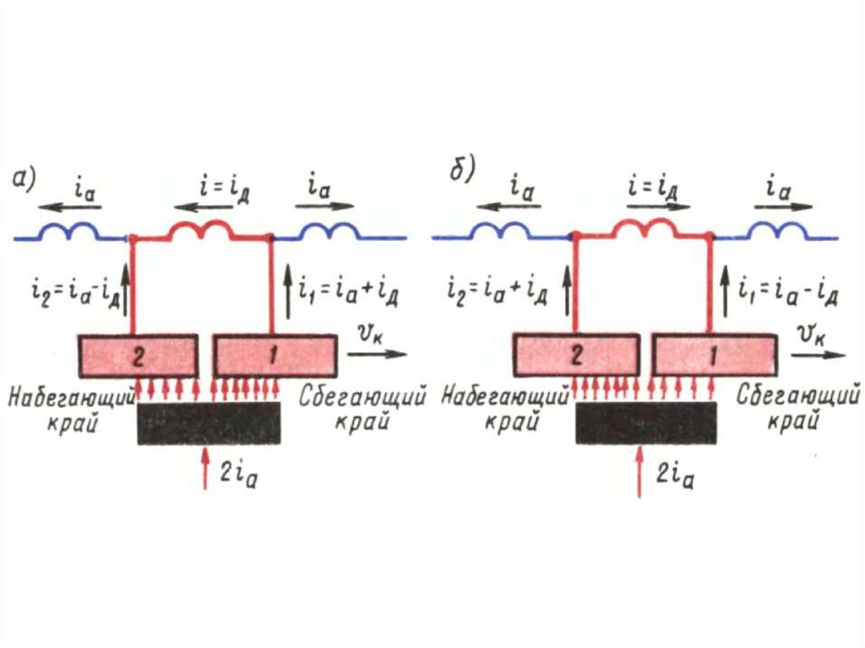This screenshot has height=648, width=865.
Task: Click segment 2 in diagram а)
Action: pos(139,356)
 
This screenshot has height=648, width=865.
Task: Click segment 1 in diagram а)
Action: pos(275,356)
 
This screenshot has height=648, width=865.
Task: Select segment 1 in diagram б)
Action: pos(714,356)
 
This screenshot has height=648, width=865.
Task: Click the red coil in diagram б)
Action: pos(643,228)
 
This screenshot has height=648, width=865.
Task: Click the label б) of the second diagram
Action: pos(461,170)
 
